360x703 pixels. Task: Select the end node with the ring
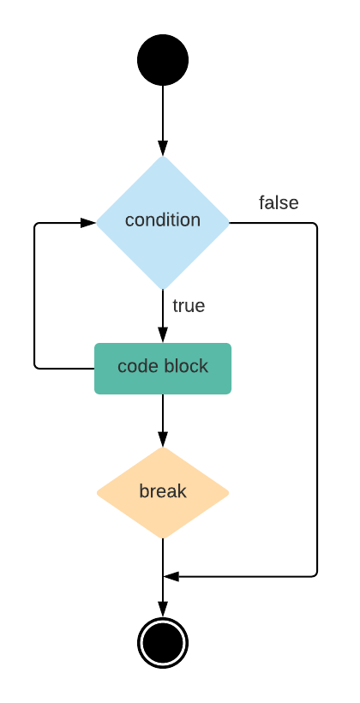pos(163,641)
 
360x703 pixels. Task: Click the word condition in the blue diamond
pos(163,220)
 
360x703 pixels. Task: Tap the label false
pos(279,203)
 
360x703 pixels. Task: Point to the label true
pos(189,305)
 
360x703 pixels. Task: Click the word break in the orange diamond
pos(163,492)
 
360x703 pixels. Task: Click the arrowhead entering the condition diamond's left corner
pos(87,223)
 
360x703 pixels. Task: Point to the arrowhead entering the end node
pos(163,608)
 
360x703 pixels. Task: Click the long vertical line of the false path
pos(318,394)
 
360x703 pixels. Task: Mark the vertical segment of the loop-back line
pos(34,296)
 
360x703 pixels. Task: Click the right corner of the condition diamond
pos(229,223)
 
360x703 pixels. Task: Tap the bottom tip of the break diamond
pos(163,538)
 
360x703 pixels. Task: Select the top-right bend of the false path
pos(316,225)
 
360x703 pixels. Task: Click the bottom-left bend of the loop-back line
pos(36,367)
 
